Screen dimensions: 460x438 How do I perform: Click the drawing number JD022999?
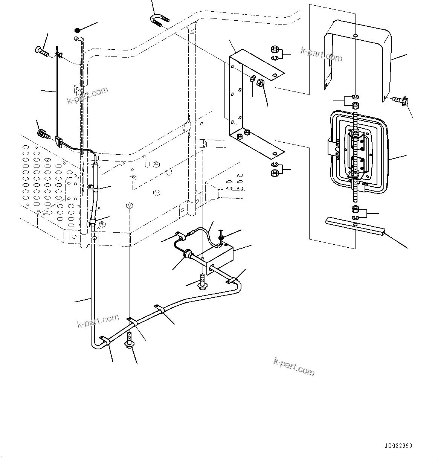click(398, 446)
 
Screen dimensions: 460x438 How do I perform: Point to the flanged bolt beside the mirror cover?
click(399, 100)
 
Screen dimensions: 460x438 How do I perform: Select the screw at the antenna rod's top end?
click(42, 50)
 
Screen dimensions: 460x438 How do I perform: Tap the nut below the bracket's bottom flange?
click(275, 172)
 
